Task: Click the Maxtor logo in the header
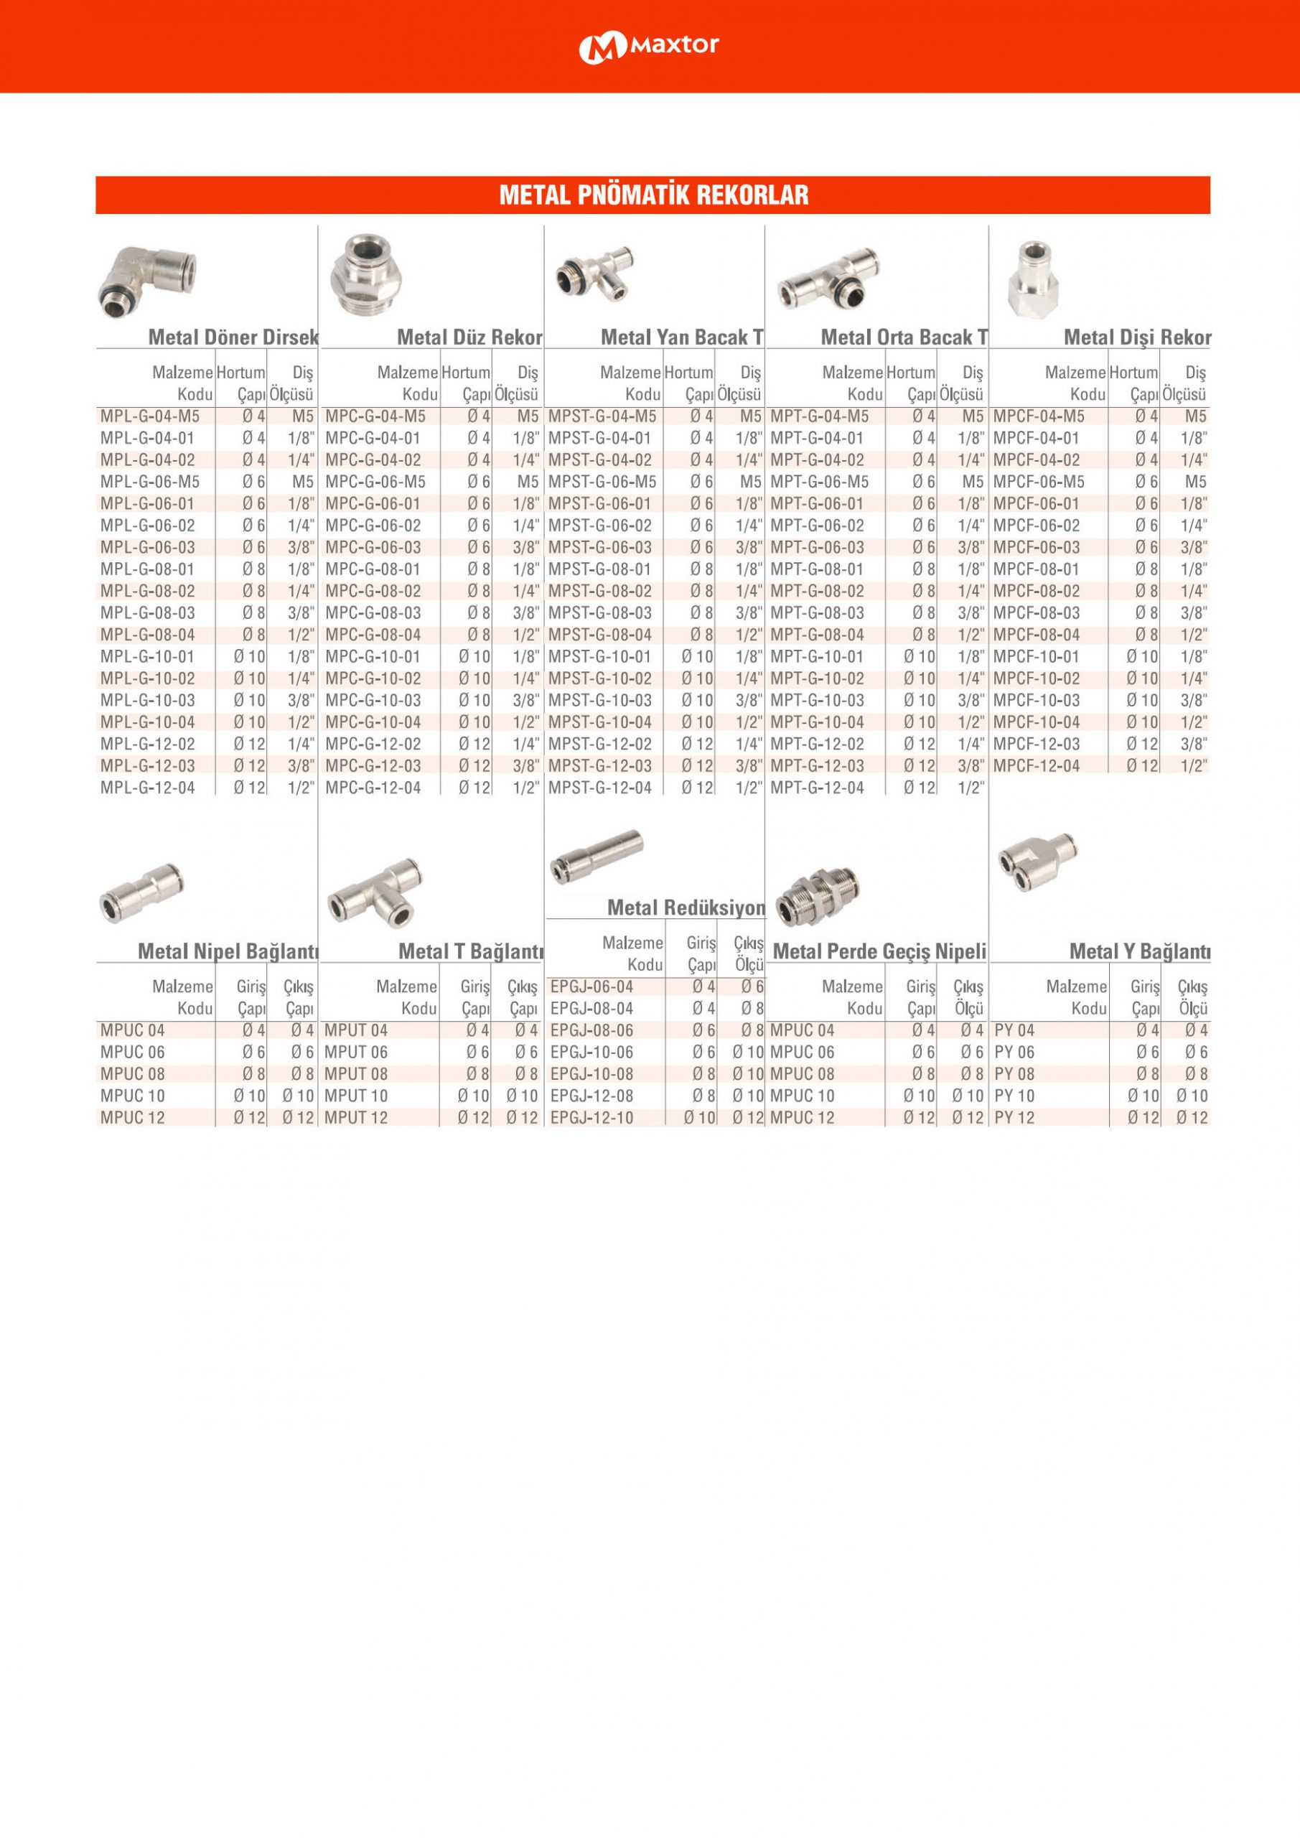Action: tap(648, 47)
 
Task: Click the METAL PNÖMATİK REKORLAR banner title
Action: tap(653, 195)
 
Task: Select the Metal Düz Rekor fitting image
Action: tap(365, 273)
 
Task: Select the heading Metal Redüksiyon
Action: tap(686, 908)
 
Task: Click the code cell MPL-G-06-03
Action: tap(147, 548)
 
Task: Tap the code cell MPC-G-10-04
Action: tap(373, 722)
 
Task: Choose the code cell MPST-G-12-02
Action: tap(599, 744)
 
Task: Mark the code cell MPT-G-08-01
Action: tap(818, 569)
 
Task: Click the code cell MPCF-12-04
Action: tap(1037, 765)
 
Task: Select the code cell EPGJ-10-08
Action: tap(591, 1073)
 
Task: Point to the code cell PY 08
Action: tap(1014, 1073)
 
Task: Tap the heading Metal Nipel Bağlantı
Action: tap(228, 951)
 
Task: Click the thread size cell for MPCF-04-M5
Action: tap(1194, 416)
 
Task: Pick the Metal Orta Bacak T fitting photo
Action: tap(829, 278)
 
